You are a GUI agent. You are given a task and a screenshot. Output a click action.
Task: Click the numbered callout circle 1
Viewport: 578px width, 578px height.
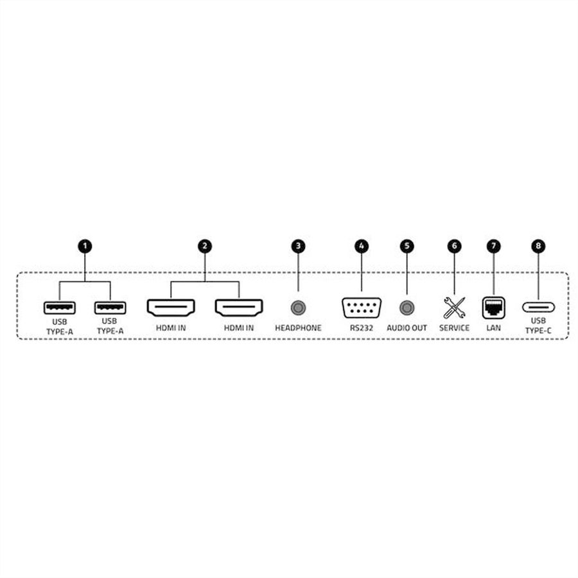point(85,246)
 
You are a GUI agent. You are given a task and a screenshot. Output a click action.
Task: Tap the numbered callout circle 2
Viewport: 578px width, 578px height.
point(205,246)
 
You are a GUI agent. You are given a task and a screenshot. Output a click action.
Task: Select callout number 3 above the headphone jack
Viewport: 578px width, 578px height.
point(298,246)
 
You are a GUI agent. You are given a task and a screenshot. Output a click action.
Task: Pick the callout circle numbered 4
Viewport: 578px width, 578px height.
point(362,246)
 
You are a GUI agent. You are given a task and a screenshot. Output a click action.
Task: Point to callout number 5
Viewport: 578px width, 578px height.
point(407,246)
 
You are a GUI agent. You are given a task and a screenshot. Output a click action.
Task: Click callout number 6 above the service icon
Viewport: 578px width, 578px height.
point(455,246)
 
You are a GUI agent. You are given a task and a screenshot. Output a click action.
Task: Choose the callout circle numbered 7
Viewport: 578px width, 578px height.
point(494,246)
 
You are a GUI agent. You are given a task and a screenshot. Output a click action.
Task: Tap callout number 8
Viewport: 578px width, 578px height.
point(539,246)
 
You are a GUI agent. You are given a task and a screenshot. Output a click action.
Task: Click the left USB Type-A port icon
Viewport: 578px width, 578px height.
point(60,308)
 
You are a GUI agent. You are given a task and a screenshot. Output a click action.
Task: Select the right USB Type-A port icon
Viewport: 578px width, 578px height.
point(110,308)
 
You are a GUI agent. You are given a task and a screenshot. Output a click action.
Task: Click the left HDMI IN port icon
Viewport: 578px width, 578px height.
point(171,308)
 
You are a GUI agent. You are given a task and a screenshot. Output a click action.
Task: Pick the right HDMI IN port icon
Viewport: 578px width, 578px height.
point(239,308)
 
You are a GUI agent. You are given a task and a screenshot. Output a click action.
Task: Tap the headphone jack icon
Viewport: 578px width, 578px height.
point(298,308)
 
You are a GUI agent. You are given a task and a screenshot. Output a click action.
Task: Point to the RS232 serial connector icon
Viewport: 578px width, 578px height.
point(362,308)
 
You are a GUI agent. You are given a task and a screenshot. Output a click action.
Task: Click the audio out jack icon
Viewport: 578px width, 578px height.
point(407,308)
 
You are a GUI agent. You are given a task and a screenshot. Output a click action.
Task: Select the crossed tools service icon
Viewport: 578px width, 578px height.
point(455,308)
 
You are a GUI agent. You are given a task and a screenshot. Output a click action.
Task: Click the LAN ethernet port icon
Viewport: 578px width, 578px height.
point(494,308)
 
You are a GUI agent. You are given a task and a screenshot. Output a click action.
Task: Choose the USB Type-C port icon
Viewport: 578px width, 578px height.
point(539,307)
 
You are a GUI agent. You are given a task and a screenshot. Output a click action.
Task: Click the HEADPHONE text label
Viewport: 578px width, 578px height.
point(298,328)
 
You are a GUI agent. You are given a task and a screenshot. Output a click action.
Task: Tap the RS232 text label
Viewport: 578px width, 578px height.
point(362,328)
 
